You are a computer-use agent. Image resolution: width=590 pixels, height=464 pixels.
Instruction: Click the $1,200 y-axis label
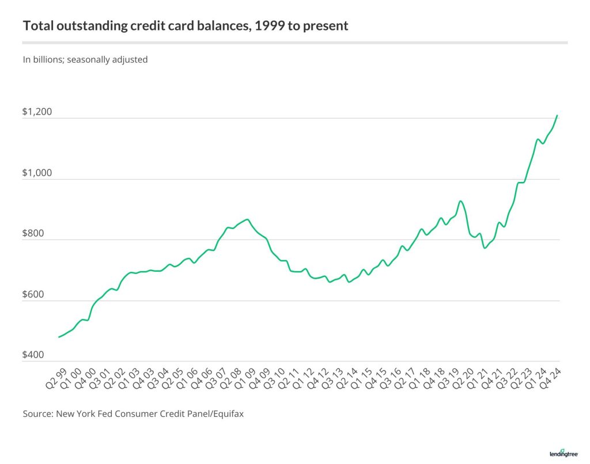click(37, 112)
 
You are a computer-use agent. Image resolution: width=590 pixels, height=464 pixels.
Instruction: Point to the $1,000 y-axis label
click(37, 173)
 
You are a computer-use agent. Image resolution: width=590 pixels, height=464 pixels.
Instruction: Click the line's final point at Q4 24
click(557, 115)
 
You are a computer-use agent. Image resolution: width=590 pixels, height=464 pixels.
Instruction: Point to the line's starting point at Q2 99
click(59, 337)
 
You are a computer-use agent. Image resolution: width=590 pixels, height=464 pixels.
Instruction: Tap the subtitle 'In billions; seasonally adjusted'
click(85, 59)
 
